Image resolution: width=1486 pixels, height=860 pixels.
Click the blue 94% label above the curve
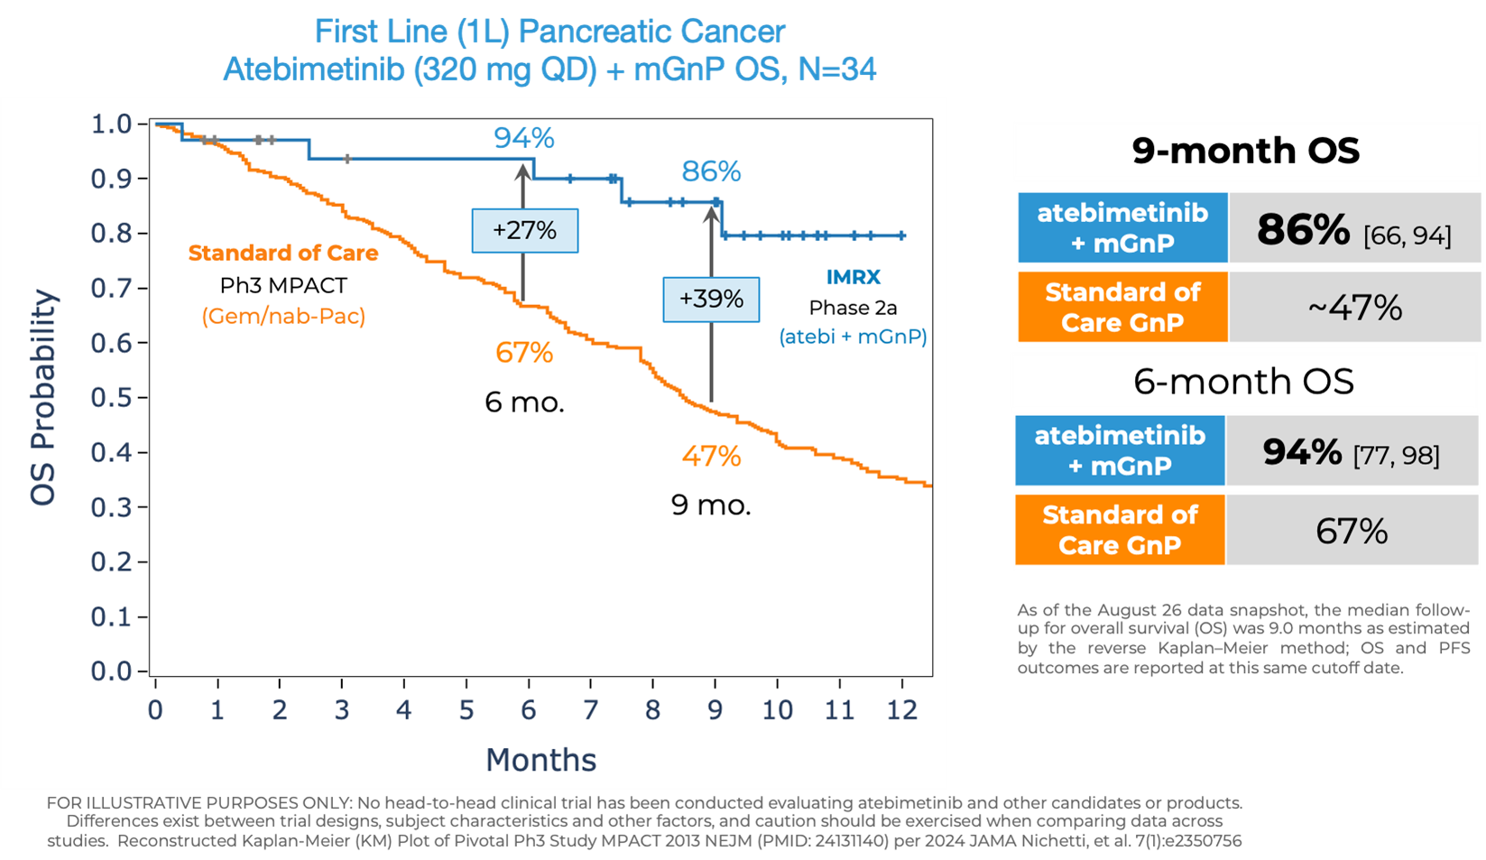[523, 138]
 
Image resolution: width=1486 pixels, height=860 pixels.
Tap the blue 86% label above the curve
[711, 171]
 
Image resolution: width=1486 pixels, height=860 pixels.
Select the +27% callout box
[524, 231]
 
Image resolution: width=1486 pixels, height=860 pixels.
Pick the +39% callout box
[711, 299]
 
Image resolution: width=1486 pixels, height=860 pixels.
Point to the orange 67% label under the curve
[523, 352]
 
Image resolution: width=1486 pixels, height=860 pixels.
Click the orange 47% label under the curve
[711, 456]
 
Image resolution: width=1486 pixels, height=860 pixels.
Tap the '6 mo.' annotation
[524, 402]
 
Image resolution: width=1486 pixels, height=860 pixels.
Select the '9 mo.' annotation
[711, 504]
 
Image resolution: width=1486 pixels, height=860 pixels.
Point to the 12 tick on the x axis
[901, 710]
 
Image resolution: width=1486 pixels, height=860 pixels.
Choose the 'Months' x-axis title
[540, 760]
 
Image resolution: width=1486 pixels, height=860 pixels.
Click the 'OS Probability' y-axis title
[43, 397]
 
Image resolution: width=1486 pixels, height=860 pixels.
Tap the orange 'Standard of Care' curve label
[282, 254]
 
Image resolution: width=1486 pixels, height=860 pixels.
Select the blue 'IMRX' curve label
[853, 277]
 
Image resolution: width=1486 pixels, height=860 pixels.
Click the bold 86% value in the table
[1303, 230]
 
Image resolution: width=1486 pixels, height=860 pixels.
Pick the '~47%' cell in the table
[1354, 309]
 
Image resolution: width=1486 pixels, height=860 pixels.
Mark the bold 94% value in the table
[1302, 452]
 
